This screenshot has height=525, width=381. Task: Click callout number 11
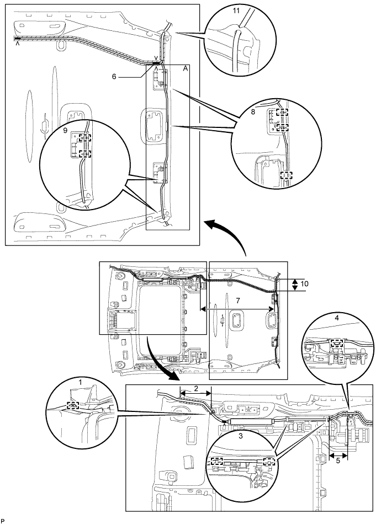[x=236, y=10]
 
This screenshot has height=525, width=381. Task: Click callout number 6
[x=114, y=76]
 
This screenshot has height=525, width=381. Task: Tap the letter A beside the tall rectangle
[x=184, y=68]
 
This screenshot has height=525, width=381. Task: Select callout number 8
[x=253, y=112]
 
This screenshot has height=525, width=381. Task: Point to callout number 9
[x=65, y=130]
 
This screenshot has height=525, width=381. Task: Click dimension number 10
[x=305, y=284]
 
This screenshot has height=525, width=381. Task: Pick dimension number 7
[x=238, y=301]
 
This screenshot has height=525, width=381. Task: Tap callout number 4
[x=337, y=318]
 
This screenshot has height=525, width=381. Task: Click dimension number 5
[x=337, y=460]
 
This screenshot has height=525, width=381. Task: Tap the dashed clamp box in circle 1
[x=73, y=405]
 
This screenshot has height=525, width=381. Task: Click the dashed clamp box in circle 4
[x=337, y=342]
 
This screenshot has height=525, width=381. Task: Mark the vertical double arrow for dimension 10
[x=295, y=285]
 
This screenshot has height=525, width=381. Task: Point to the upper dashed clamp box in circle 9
[x=84, y=138]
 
